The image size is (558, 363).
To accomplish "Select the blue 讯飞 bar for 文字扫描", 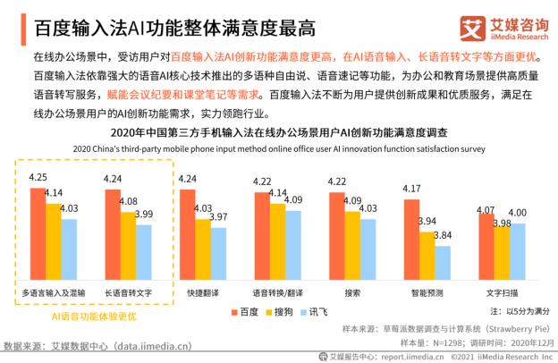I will tap(517, 250).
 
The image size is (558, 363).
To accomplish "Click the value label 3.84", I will tap(442, 235).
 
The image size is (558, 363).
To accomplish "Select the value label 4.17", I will tap(411, 189).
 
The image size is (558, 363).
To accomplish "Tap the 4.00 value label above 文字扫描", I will tap(518, 213).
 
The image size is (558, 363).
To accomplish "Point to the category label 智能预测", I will tap(426, 291).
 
